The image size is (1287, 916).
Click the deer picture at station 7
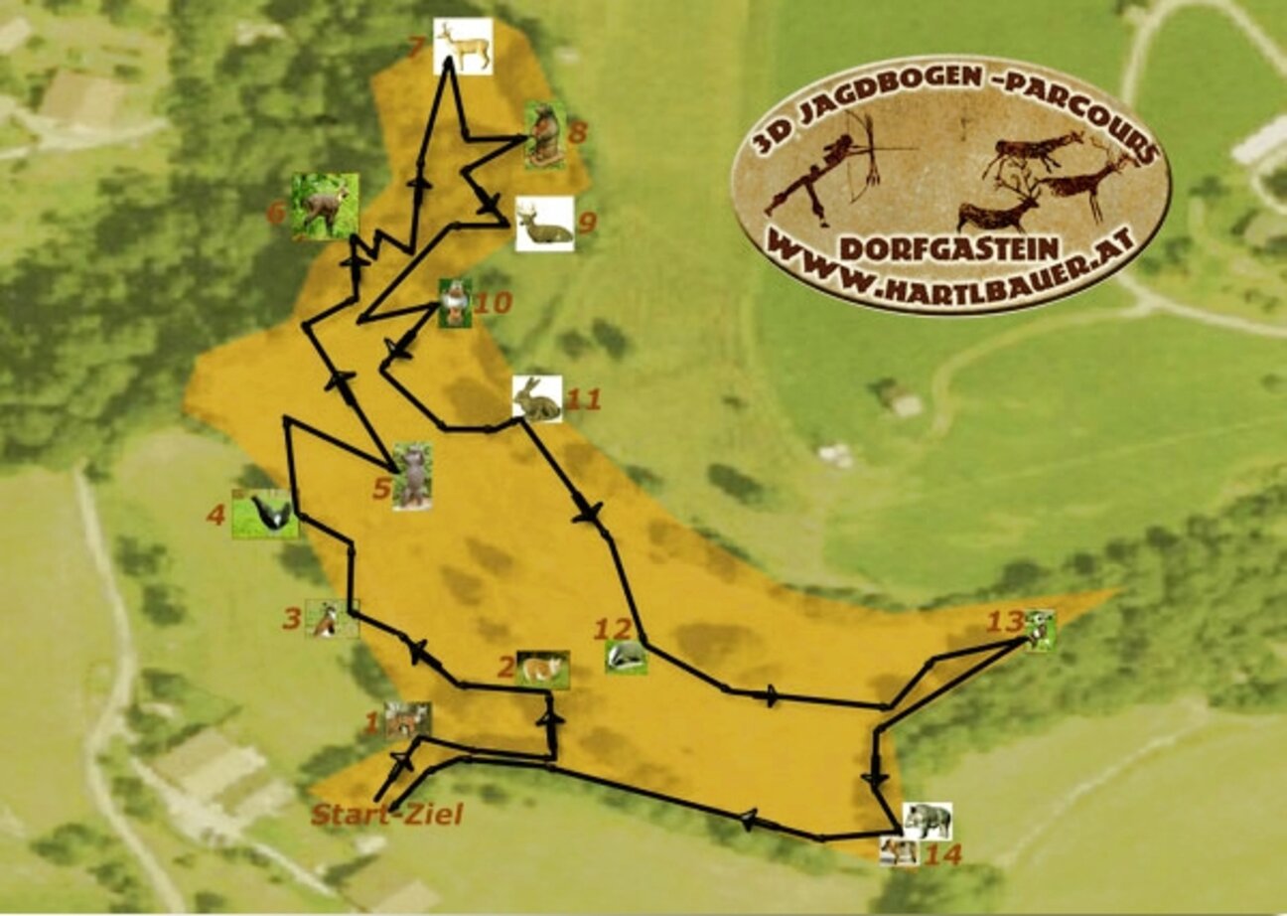click(x=463, y=46)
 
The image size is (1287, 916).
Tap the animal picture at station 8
click(x=544, y=134)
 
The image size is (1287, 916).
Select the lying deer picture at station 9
click(x=544, y=224)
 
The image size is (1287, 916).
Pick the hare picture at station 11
click(x=537, y=398)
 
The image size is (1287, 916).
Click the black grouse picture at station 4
click(x=265, y=514)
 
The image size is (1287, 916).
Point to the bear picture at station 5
click(x=412, y=476)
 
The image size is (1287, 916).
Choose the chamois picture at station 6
click(x=325, y=206)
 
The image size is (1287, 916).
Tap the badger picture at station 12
click(x=627, y=656)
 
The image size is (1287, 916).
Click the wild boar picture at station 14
click(x=928, y=821)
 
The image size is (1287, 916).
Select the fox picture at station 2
click(x=542, y=669)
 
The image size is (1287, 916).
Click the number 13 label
click(x=1004, y=622)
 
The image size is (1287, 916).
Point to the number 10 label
click(x=493, y=302)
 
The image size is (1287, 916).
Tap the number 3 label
click(x=291, y=619)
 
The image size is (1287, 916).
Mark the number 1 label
click(x=372, y=723)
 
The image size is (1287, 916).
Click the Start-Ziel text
click(x=387, y=816)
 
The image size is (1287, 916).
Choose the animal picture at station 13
click(x=1040, y=629)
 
